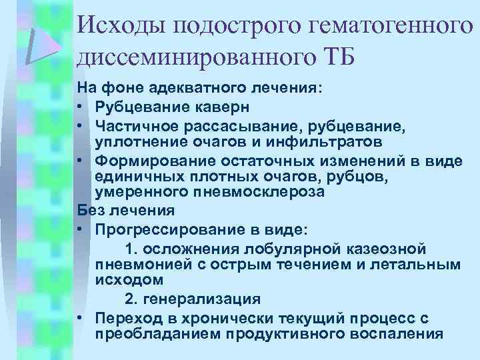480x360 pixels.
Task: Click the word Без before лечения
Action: click(91, 211)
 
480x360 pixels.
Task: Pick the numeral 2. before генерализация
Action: click(132, 299)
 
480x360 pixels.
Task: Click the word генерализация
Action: click(203, 299)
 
